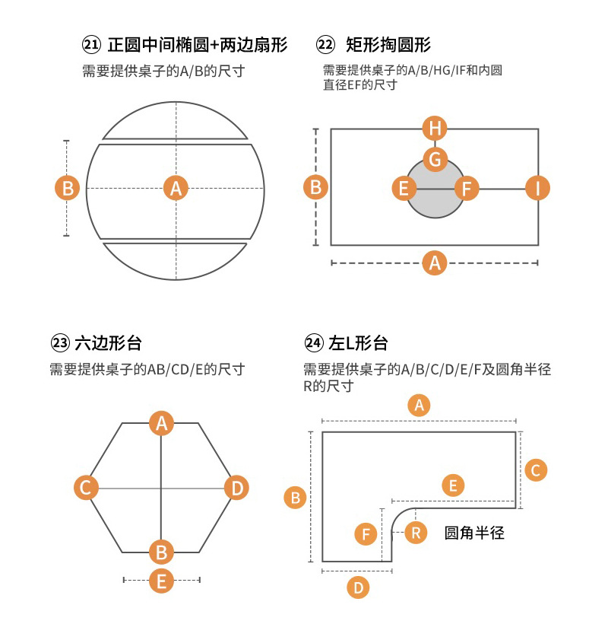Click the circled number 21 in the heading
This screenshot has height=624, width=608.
[91, 45]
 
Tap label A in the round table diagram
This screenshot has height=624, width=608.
[176, 187]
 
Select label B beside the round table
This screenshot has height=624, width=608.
[68, 187]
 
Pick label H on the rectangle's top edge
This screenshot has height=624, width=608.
[435, 128]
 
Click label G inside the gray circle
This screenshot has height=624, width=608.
[435, 159]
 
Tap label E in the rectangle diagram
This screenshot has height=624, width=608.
[404, 187]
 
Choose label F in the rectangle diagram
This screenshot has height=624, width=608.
[467, 187]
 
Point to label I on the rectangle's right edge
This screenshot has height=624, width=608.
[538, 187]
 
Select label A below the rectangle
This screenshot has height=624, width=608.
[435, 263]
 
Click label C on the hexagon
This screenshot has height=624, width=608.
[86, 487]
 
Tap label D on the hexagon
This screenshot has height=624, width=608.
[237, 487]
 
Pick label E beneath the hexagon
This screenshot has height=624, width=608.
[161, 581]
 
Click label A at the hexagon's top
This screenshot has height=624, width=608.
[161, 423]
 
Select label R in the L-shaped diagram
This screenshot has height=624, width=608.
[415, 533]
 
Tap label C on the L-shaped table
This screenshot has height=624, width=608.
[535, 470]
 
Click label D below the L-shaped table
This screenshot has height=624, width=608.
[357, 587]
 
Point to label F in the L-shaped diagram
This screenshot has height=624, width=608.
[366, 534]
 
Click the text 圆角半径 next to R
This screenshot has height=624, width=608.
[474, 533]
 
